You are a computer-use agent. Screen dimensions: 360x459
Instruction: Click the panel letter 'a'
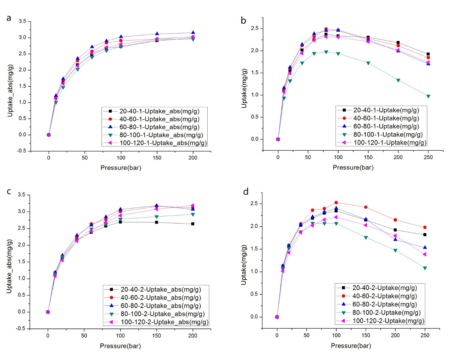pos(9,18)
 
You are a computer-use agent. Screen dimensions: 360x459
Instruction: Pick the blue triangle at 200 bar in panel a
pos(193,33)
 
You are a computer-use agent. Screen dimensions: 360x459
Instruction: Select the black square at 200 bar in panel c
pos(192,224)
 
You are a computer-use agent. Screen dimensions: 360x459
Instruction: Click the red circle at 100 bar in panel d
pos(336,203)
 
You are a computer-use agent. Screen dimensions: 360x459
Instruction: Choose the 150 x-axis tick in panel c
pos(156,336)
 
